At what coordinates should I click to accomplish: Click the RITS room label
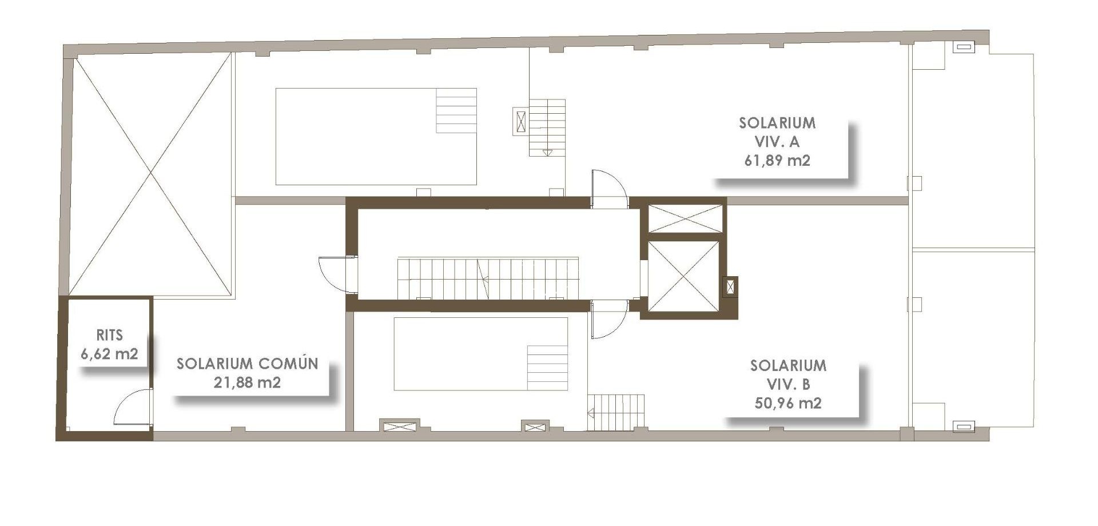[x=109, y=335]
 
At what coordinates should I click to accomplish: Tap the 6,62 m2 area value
[x=109, y=354]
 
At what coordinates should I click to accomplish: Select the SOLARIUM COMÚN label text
[x=247, y=364]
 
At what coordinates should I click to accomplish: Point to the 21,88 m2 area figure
[x=247, y=382]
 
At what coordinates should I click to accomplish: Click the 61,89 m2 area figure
[x=777, y=161]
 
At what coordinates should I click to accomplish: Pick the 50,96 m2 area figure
[x=787, y=403]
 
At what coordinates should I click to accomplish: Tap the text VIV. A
[x=777, y=142]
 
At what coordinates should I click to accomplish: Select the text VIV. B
[x=787, y=384]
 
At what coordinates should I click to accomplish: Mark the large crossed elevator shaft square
[x=683, y=277]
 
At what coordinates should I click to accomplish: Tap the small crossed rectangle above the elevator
[x=685, y=218]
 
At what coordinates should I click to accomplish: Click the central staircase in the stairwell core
[x=487, y=278]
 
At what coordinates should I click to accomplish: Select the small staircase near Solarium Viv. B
[x=616, y=412]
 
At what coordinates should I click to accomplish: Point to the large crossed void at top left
[x=150, y=173]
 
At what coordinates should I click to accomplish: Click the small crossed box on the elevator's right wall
[x=730, y=287]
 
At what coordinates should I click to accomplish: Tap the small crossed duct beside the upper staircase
[x=520, y=122]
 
